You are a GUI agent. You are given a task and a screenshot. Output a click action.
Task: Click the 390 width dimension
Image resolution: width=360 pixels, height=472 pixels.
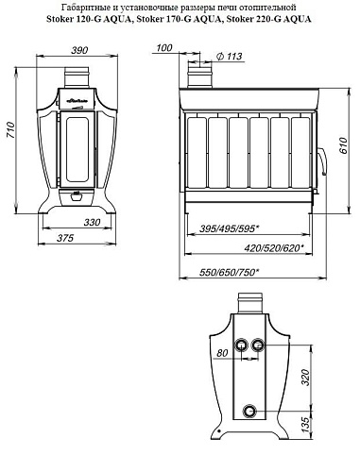pyautogui.click(x=79, y=50)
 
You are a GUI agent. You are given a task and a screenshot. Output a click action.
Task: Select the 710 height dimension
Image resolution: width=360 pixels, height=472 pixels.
pyautogui.click(x=10, y=130)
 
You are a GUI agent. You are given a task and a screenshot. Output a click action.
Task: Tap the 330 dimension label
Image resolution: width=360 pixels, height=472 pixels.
pyautogui.click(x=92, y=223)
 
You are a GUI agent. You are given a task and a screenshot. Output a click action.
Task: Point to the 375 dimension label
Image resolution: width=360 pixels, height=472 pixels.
pyautogui.click(x=65, y=238)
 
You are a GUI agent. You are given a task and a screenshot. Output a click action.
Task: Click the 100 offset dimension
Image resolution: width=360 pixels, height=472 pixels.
pyautogui.click(x=164, y=48)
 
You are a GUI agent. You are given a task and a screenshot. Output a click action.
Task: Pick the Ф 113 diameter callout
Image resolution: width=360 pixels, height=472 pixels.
pyautogui.click(x=230, y=57)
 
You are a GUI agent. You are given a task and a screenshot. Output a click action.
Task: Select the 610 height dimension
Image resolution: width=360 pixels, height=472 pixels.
pyautogui.click(x=343, y=145)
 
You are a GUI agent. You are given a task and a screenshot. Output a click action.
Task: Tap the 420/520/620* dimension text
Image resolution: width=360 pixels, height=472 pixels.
pyautogui.click(x=274, y=248)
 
